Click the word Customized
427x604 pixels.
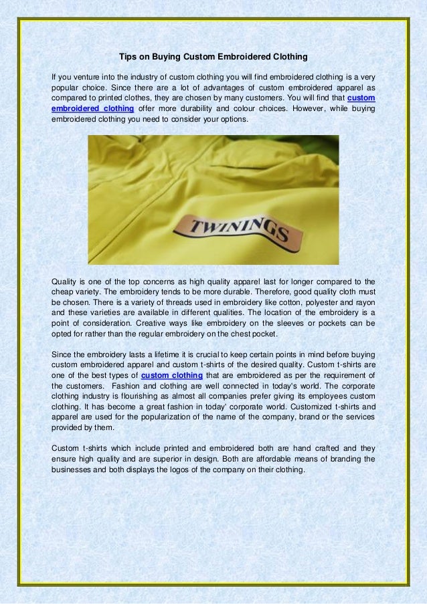point(304,408)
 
